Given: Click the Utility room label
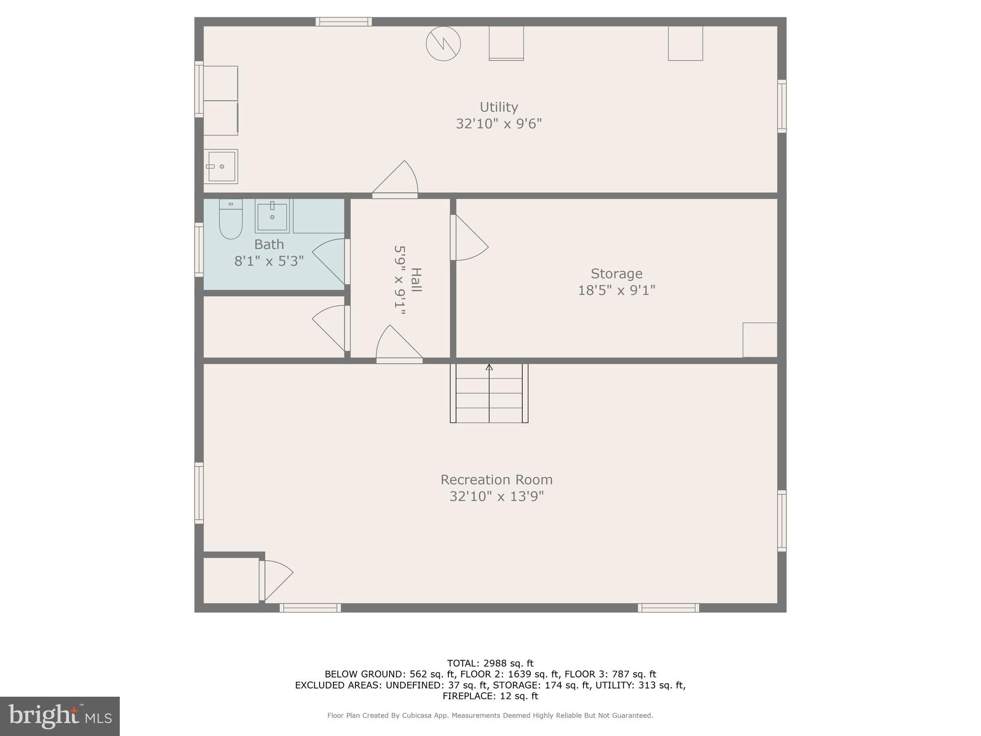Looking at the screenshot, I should click(499, 107).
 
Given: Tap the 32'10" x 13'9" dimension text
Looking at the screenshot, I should click(496, 496).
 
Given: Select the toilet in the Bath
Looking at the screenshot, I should click(230, 219).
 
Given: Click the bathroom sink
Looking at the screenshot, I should click(272, 216).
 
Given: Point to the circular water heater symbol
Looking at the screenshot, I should click(443, 44).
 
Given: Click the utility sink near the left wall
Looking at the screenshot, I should click(221, 166).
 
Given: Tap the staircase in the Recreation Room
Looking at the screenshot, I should click(489, 393).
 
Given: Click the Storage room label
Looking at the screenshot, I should click(616, 274).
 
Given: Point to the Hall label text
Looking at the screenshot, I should click(416, 280).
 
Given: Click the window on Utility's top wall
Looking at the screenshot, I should click(343, 22).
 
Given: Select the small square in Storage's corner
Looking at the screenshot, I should click(760, 340).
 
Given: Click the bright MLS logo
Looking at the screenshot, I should click(60, 716).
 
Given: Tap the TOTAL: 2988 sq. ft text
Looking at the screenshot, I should click(490, 663).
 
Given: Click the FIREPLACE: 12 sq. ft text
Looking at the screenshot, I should click(490, 696).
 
